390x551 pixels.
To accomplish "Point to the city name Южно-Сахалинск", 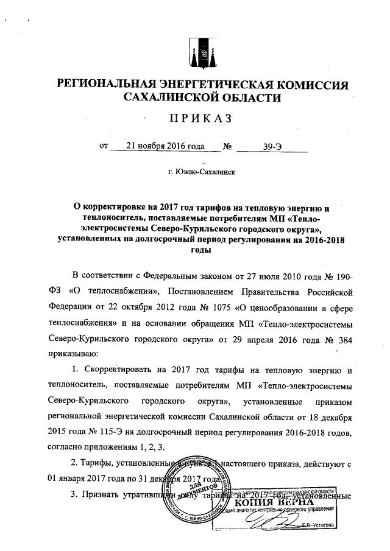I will pyautogui.click(x=202, y=172).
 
